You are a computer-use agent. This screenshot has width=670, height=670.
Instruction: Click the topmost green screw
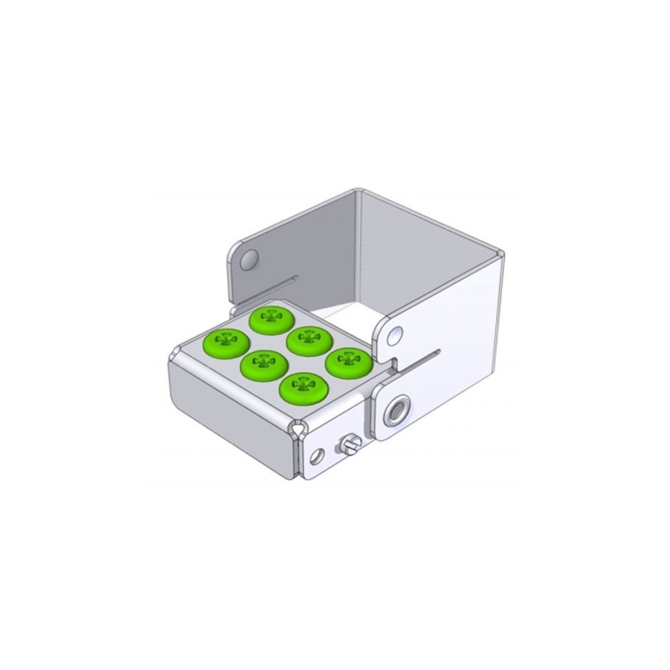[x=273, y=320]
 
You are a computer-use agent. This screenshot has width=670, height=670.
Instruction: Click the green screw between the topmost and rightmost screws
[x=310, y=340]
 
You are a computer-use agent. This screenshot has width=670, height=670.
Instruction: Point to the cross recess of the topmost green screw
[x=273, y=316]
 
